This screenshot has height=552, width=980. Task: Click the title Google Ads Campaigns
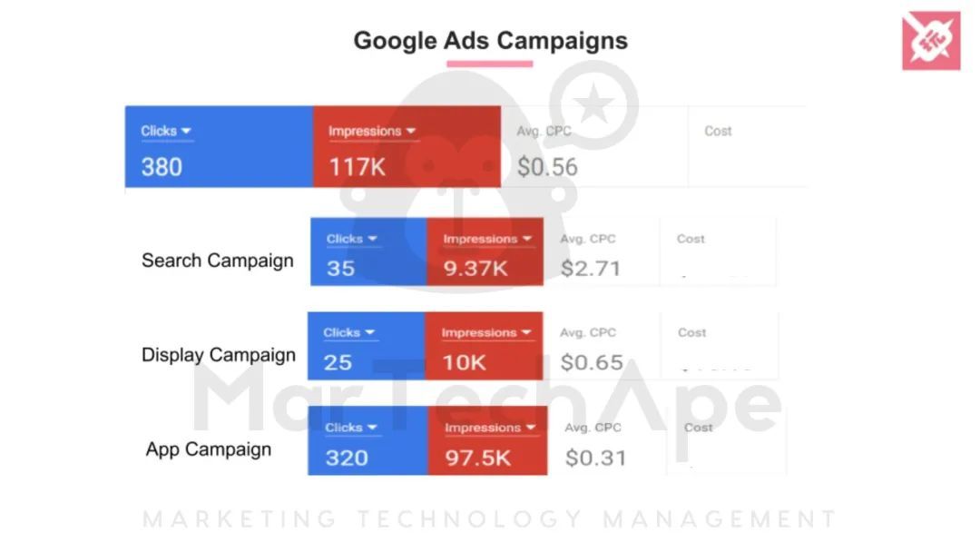click(490, 41)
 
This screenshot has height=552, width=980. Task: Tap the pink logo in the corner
click(931, 41)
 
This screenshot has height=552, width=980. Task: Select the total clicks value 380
click(162, 167)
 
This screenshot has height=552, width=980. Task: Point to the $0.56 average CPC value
click(547, 167)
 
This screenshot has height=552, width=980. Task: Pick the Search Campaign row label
click(218, 261)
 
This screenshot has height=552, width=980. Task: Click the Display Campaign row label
click(219, 355)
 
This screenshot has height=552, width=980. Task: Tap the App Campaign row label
click(209, 449)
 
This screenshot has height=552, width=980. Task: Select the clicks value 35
click(341, 269)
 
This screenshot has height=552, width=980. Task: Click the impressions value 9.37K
click(475, 269)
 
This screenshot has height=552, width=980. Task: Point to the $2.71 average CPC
click(591, 269)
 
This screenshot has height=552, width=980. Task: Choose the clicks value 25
click(338, 363)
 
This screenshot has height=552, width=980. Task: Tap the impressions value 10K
click(465, 363)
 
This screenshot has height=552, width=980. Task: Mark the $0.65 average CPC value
click(592, 363)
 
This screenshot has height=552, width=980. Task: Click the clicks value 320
click(347, 458)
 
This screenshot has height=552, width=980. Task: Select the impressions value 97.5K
click(478, 458)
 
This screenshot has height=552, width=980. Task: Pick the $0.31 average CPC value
click(596, 458)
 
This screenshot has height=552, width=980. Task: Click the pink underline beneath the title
click(490, 64)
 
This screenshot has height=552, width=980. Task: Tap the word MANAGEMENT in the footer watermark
click(720, 520)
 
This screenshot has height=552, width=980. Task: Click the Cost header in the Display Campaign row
click(691, 332)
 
